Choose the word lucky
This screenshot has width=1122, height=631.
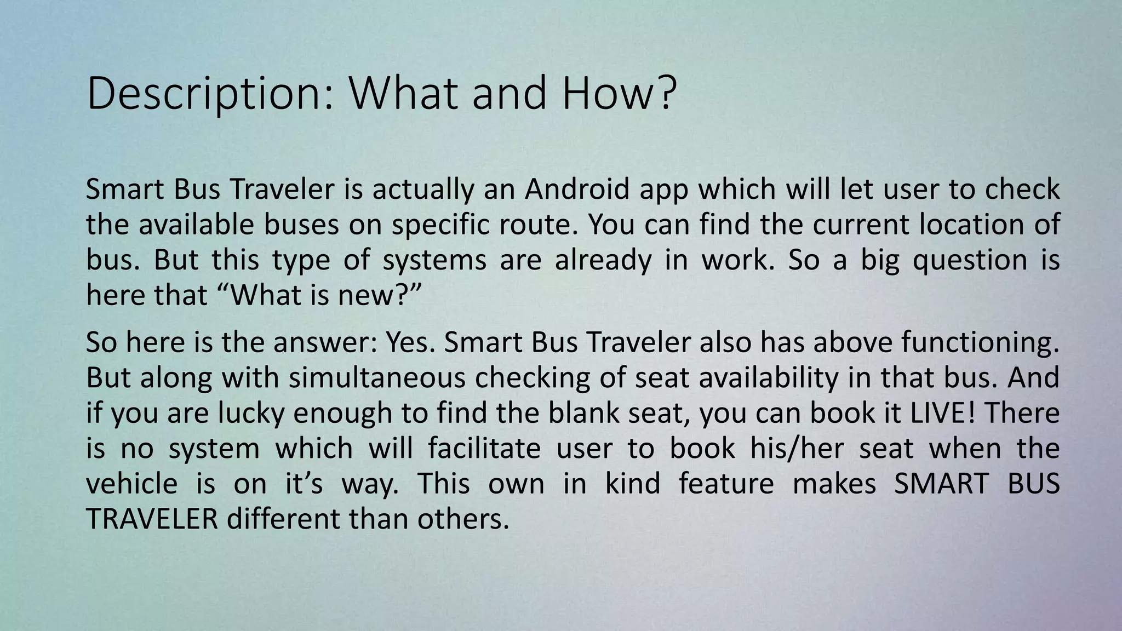point(251,414)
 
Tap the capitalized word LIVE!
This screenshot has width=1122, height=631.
point(942,413)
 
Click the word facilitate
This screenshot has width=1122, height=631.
point(484,449)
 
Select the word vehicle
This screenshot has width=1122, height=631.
point(131,484)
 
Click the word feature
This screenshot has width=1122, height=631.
point(726,484)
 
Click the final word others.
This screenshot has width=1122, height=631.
point(463,519)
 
